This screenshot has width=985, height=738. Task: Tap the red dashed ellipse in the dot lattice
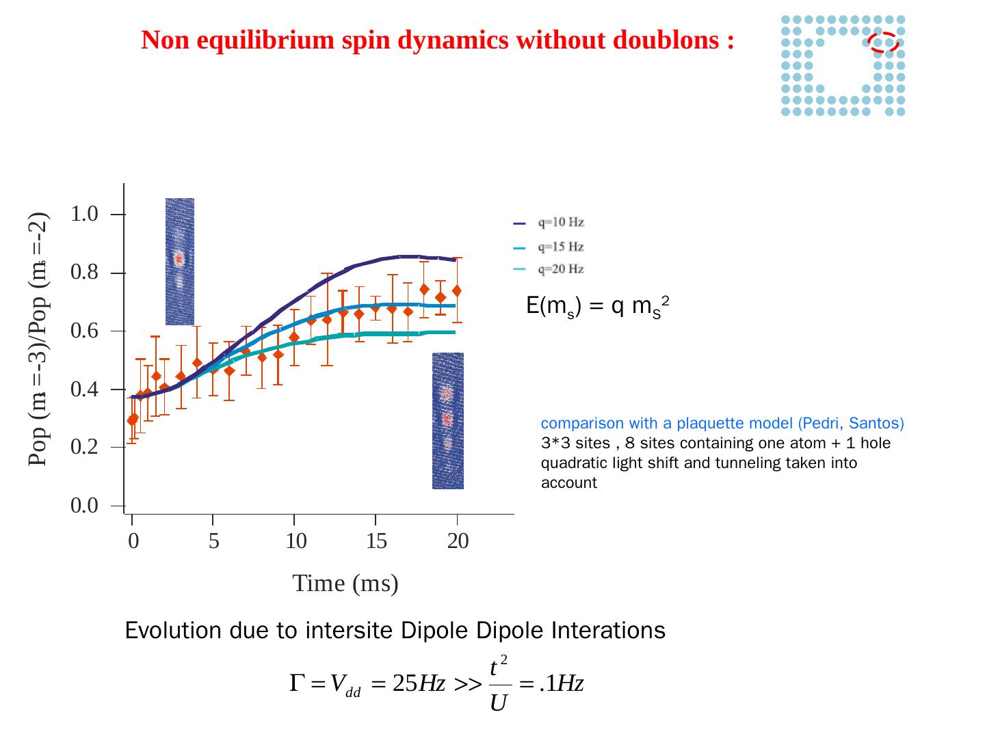point(884,42)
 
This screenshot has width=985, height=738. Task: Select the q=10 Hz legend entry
point(560,223)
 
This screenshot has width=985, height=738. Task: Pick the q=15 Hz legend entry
point(560,247)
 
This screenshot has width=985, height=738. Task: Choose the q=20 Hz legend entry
point(560,269)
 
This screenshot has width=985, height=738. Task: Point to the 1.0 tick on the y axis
point(84,214)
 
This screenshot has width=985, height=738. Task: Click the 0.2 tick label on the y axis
point(84,448)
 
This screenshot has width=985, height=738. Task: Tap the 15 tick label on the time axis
point(376,541)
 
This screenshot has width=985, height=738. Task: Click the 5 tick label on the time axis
point(213,541)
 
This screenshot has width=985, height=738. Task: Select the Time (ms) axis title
point(345,584)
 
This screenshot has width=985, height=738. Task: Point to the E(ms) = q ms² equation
point(596,307)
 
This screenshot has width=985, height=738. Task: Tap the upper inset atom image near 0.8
point(179,261)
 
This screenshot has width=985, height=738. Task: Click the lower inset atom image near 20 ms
point(447,420)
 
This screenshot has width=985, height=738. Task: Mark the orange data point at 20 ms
point(456,291)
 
